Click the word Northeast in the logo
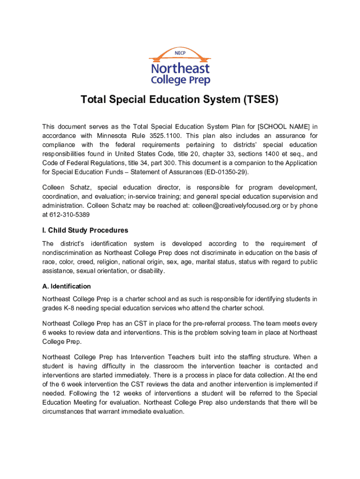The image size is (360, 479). pos(180,68)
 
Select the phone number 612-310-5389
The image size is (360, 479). pos(70,215)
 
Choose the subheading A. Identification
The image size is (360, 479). pos(66,286)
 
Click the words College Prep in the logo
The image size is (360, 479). pos(180,80)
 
